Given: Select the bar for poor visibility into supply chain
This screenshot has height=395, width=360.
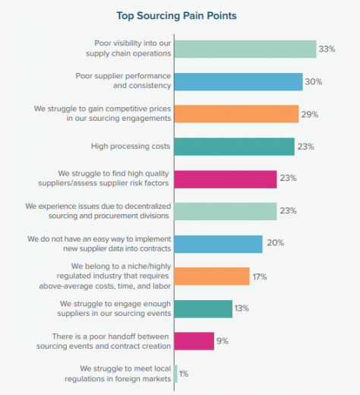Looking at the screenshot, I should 245,49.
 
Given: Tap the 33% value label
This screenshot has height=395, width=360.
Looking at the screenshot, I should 327,49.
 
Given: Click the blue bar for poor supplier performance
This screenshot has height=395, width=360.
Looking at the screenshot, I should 238,82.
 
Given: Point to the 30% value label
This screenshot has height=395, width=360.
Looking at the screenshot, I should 314,82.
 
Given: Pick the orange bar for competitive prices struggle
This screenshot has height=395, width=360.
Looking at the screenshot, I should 236,114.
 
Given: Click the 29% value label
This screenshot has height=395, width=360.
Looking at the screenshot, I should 310,114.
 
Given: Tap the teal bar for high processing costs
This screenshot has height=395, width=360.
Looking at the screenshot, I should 234,147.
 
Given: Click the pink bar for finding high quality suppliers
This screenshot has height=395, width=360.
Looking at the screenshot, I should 226,179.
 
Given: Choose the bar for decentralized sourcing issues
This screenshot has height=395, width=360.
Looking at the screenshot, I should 226,211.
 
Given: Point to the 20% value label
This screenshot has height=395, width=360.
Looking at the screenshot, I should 274,244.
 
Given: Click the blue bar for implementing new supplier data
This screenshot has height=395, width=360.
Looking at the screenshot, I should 218,244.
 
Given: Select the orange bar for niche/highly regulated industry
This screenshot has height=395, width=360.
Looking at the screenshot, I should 212,276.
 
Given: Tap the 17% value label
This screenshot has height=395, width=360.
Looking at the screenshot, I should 261,276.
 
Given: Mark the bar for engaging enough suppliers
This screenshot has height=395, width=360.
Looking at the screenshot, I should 204,308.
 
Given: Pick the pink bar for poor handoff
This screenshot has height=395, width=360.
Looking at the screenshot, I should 194,341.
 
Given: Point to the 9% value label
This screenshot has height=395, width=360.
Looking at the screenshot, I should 223,341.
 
